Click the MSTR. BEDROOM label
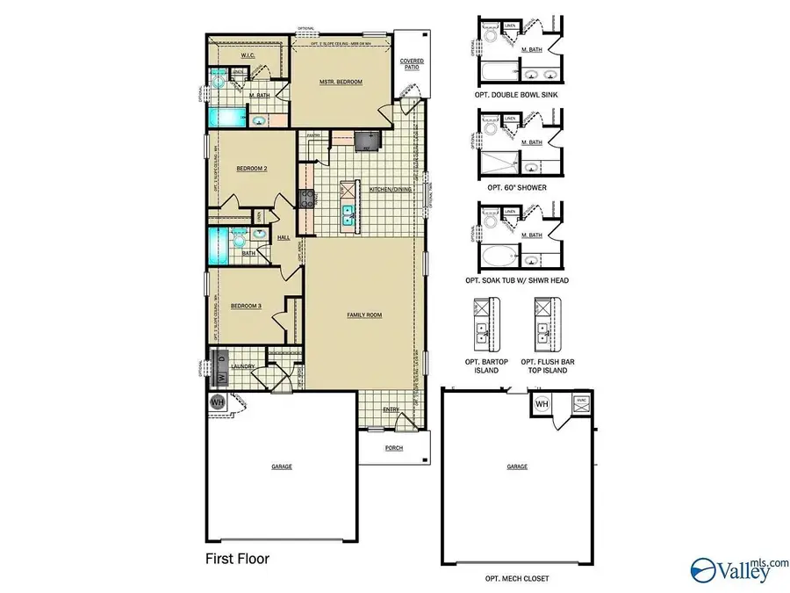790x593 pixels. tap(341, 82)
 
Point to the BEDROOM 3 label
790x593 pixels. tap(246, 306)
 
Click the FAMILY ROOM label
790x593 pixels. tap(363, 315)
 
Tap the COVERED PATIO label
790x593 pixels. tap(412, 64)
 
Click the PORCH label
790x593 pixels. tap(394, 447)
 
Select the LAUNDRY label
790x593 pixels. tap(243, 366)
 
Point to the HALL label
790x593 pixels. tap(284, 237)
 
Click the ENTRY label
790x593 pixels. tap(391, 409)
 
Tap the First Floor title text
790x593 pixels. tap(237, 558)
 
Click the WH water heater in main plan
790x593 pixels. tap(218, 401)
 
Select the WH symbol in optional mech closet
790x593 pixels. tap(542, 403)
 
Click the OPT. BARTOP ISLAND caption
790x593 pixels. tap(481, 365)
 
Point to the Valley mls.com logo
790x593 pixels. tap(740, 568)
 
